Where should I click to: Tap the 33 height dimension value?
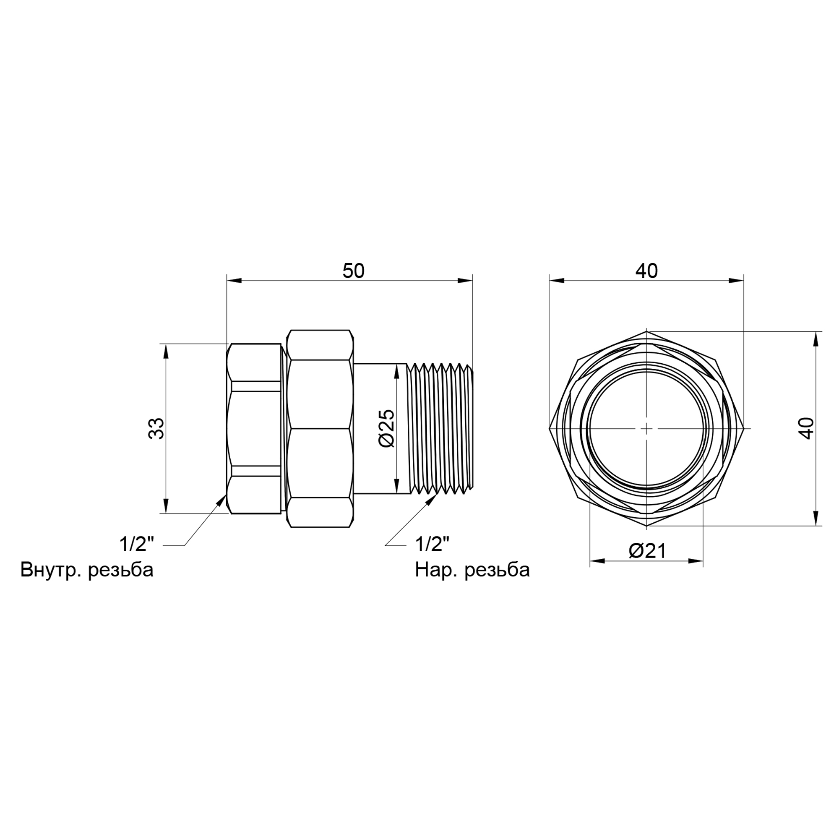tap(157, 428)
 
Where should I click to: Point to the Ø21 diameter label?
tap(647, 551)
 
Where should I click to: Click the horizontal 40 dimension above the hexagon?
tap(646, 271)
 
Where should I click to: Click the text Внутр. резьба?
tap(87, 570)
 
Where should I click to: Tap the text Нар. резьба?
tap(472, 570)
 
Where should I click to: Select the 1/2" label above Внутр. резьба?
tap(137, 544)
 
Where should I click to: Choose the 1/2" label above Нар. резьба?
tap(432, 544)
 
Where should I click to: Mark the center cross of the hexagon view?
tap(646, 428)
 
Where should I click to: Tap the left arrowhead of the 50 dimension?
tap(235, 281)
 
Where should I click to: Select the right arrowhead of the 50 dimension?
tap(465, 281)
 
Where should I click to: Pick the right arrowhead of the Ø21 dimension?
tap(696, 561)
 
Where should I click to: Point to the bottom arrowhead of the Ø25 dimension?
tap(396, 485)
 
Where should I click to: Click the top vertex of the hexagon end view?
tap(646, 331)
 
